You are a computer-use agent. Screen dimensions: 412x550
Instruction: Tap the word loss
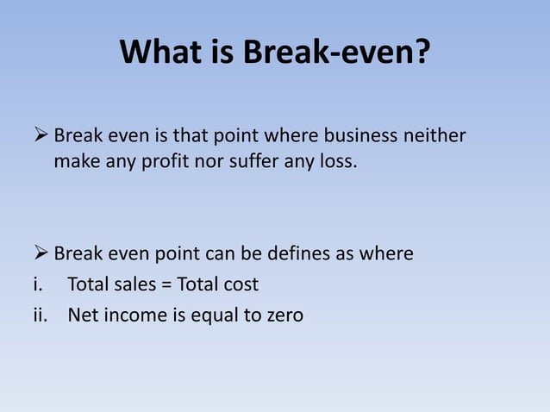(x=336, y=160)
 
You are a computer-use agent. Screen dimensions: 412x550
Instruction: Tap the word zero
(x=284, y=315)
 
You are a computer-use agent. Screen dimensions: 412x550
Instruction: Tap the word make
(x=75, y=160)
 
